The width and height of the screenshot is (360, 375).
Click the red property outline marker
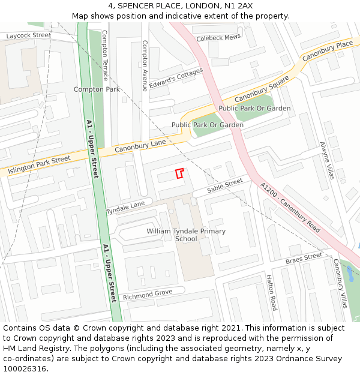[x=179, y=173]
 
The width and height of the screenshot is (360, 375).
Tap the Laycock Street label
[x=29, y=36]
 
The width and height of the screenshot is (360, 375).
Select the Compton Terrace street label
[x=105, y=56]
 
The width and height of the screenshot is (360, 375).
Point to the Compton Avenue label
[x=145, y=66]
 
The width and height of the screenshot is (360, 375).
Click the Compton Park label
[x=97, y=89]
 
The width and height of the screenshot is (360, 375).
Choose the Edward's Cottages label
[x=176, y=77]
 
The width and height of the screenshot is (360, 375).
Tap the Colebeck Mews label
[x=218, y=37]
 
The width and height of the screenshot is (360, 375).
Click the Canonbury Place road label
[x=327, y=51]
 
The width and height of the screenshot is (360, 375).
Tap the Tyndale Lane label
[x=126, y=208]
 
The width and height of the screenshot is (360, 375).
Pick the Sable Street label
[x=225, y=185]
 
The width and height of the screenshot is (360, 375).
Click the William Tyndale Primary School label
[x=186, y=235]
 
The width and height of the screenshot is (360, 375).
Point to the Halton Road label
[x=271, y=292]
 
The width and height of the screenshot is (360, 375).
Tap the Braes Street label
[x=304, y=258]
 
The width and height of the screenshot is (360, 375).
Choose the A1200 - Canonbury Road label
[x=290, y=208]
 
